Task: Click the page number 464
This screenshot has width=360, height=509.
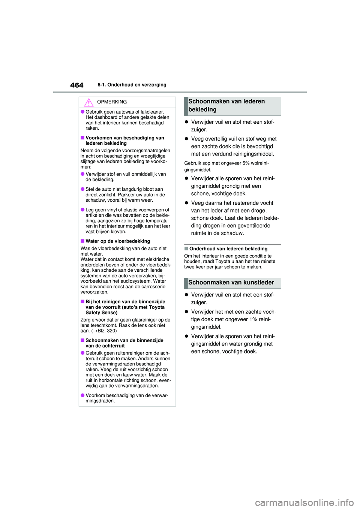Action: click(x=76, y=85)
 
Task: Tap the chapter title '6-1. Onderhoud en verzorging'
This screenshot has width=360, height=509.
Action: click(x=132, y=85)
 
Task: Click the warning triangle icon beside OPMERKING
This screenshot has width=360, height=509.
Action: click(x=88, y=102)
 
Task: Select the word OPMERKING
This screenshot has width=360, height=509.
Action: click(x=112, y=102)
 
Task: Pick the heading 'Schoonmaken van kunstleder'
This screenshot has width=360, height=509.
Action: click(x=231, y=283)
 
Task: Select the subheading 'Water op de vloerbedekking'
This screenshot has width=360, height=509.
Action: click(x=117, y=241)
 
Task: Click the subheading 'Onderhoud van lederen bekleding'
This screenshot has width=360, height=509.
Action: click(x=228, y=249)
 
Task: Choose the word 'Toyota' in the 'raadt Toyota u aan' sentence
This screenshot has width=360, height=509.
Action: click(x=223, y=262)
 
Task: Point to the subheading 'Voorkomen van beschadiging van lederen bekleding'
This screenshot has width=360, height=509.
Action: click(x=124, y=141)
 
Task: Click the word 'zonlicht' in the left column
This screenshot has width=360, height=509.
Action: click(x=107, y=195)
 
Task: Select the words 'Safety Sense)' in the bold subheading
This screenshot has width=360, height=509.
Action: click(x=101, y=313)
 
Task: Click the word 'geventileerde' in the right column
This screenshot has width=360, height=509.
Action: click(x=253, y=226)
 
